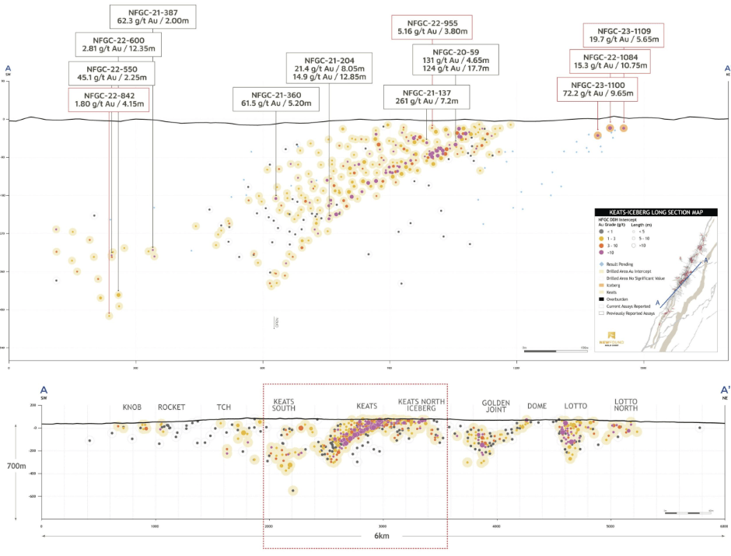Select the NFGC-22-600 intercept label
(118, 44)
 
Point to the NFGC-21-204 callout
(329, 68)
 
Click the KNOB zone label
(132, 407)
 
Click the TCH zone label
(224, 407)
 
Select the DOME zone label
(537, 406)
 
